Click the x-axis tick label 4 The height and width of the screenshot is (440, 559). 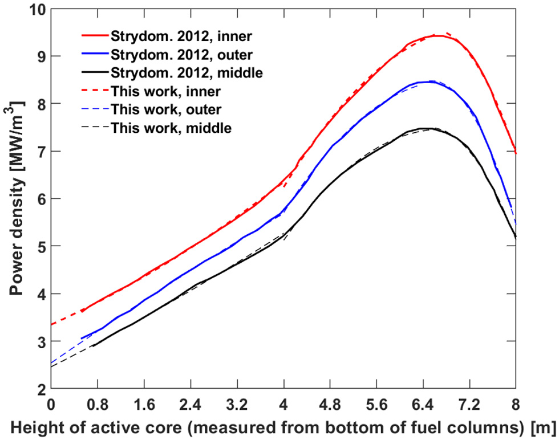tap(283, 403)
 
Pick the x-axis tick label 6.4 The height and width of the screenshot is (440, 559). tap(423, 403)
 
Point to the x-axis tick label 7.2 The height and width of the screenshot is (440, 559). tap(469, 403)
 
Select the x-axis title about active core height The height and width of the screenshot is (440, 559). tap(283, 426)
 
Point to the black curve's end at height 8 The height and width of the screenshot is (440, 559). tap(516, 237)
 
